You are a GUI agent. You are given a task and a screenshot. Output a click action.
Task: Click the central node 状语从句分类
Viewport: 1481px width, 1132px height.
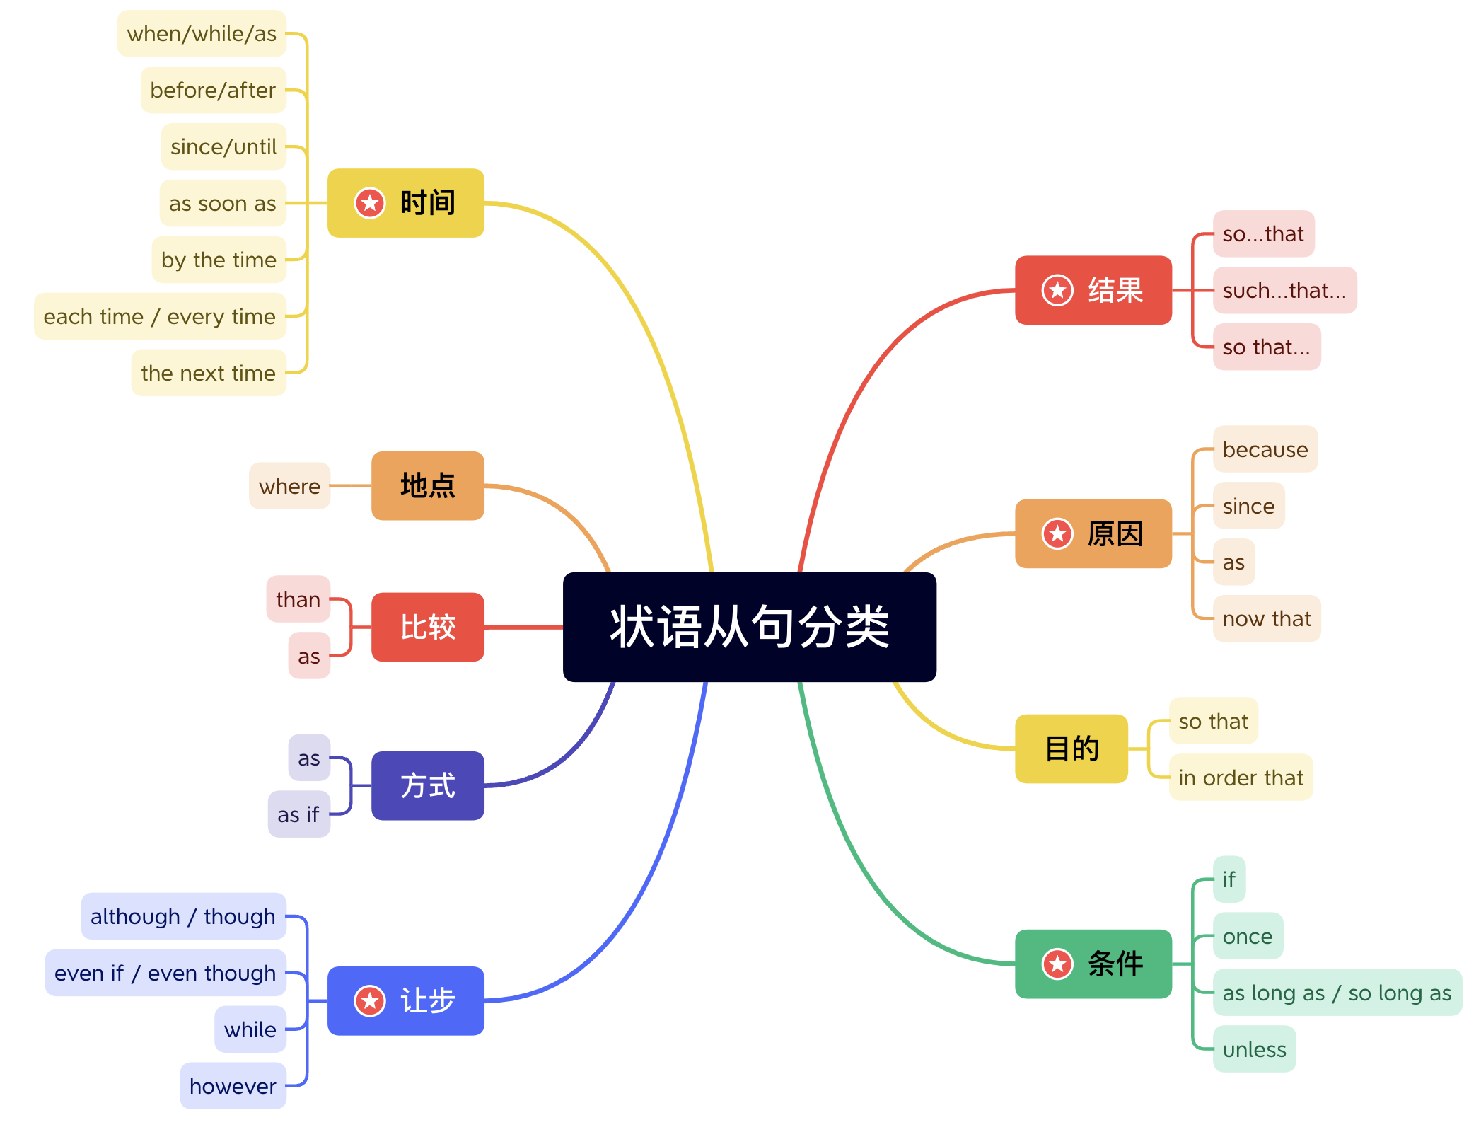(749, 627)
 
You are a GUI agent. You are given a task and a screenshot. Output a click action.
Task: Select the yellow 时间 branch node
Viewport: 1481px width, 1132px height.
(406, 203)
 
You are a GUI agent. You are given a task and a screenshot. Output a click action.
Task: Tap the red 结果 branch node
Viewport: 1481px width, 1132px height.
(1093, 290)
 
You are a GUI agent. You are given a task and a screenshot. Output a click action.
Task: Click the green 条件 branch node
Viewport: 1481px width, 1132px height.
(1093, 964)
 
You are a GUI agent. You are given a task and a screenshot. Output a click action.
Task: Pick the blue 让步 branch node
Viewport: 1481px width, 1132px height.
(406, 1000)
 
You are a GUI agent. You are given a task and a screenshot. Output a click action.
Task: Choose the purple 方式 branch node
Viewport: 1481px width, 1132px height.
(427, 785)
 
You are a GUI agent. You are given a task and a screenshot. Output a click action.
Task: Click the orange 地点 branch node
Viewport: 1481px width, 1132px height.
(427, 485)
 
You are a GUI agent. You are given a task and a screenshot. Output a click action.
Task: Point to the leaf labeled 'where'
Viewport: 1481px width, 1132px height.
(289, 486)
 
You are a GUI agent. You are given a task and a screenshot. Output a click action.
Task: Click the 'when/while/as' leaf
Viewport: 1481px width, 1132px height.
(202, 33)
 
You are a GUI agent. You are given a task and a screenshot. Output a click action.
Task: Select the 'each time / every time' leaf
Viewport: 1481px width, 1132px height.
(160, 316)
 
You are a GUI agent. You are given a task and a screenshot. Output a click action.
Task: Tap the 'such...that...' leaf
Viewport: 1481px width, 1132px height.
(1284, 290)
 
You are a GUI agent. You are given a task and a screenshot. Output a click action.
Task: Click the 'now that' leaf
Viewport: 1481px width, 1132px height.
(1266, 618)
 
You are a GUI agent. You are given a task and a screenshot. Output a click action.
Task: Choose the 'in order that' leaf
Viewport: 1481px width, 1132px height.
(1241, 778)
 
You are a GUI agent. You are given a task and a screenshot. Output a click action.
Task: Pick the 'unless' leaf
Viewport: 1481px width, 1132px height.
(1254, 1049)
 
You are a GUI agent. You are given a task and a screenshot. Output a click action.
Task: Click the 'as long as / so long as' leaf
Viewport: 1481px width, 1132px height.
(1337, 993)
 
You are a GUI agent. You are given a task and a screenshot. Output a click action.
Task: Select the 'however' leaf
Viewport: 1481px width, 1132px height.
(233, 1085)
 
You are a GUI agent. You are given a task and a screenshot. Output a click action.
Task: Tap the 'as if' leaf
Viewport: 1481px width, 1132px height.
(298, 814)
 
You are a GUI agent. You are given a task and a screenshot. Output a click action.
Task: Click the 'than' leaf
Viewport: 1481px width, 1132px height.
(298, 599)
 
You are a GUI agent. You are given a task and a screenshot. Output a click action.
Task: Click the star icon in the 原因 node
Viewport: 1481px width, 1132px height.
(1057, 533)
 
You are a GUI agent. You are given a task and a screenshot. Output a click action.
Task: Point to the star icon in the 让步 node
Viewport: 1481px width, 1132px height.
(369, 1000)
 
